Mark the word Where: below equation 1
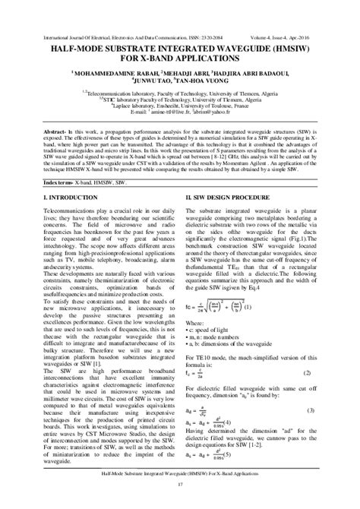tap(194, 322)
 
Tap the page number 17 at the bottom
tap(180, 484)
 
